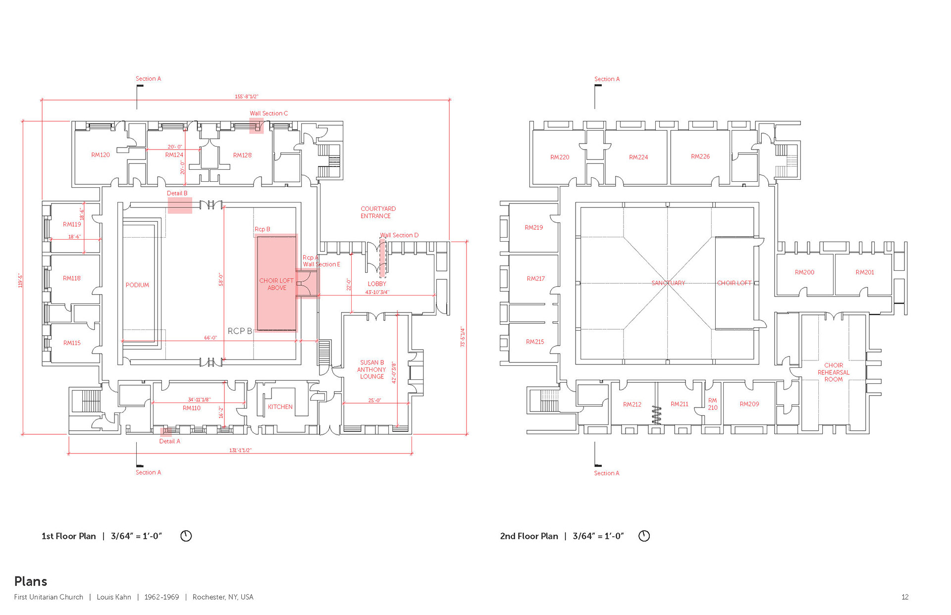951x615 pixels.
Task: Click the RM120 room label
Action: coord(101,155)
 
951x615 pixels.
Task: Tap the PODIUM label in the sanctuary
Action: coord(137,285)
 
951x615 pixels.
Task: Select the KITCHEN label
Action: coord(280,407)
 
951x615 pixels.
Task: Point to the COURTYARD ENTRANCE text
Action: coord(378,212)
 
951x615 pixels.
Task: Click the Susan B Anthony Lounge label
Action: coord(371,370)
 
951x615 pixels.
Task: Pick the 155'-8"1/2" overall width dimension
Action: coord(246,97)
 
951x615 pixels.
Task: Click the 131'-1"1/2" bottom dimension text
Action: coord(240,450)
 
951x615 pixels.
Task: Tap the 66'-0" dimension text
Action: coord(211,338)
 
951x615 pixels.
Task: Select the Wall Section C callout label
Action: coord(268,113)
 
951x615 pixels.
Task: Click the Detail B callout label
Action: coord(177,194)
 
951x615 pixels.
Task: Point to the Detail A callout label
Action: coord(169,441)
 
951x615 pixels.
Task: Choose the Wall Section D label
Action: coord(399,235)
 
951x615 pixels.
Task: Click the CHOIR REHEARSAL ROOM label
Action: coord(834,372)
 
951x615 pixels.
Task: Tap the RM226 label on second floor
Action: coord(700,156)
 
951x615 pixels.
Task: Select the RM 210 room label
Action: coord(712,404)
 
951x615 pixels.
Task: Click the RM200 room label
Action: coord(804,272)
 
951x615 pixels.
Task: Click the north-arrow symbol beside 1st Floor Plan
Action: coord(186,536)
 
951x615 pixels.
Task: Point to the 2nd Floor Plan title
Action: coord(529,536)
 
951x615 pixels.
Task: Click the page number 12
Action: coord(905,597)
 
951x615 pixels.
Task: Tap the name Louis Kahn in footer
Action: coord(114,597)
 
